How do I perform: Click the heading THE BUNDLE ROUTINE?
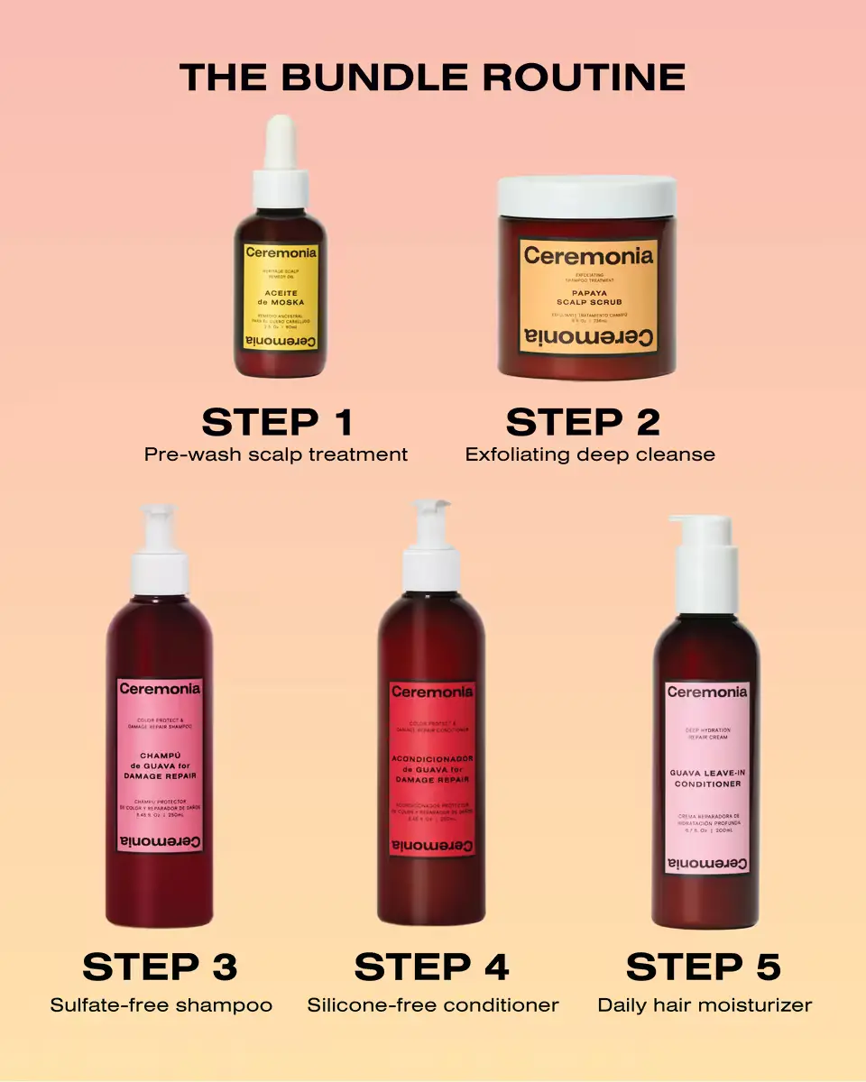pyautogui.click(x=432, y=78)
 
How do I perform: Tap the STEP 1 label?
pyautogui.click(x=277, y=422)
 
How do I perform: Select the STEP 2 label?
pyautogui.click(x=583, y=422)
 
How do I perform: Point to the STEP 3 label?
pyautogui.click(x=160, y=967)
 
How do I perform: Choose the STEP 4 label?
pyautogui.click(x=431, y=967)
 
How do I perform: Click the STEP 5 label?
pyautogui.click(x=703, y=967)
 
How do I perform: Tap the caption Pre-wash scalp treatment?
pyautogui.click(x=276, y=454)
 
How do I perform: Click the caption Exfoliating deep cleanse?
pyautogui.click(x=590, y=454)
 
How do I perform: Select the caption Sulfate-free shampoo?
pyautogui.click(x=161, y=1004)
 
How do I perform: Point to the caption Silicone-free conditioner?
pyautogui.click(x=433, y=1004)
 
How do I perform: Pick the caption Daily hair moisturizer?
pyautogui.click(x=705, y=1004)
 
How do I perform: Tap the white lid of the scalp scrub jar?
pyautogui.click(x=587, y=196)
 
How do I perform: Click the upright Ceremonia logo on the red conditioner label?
pyautogui.click(x=432, y=692)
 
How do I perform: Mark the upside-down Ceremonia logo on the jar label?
pyautogui.click(x=589, y=338)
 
